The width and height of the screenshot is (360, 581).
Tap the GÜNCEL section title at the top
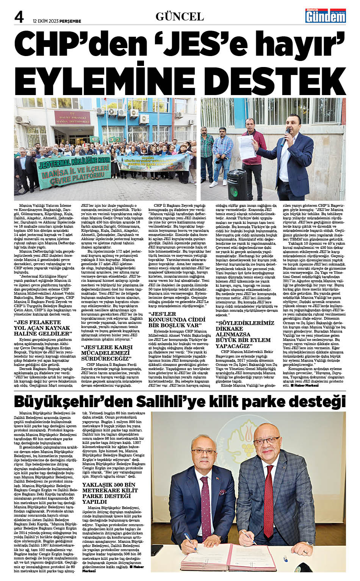[x=180, y=16]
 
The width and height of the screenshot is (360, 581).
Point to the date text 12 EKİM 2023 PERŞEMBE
[x=57, y=21]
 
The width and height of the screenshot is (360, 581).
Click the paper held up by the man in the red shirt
[x=247, y=142]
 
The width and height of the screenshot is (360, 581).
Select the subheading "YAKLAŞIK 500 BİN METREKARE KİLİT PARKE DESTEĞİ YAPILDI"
[x=110, y=493]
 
